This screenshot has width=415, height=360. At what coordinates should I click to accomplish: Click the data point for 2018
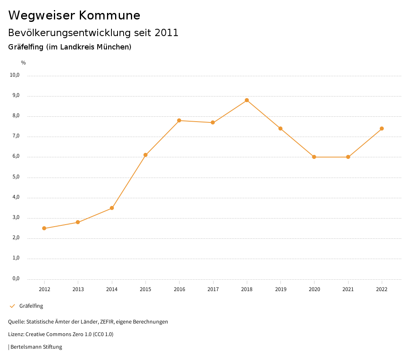(x=246, y=100)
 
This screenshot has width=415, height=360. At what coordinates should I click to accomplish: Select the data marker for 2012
(x=44, y=228)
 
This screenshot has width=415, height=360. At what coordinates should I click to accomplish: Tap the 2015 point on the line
(x=145, y=155)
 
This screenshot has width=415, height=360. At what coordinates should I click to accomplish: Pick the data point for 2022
(x=382, y=129)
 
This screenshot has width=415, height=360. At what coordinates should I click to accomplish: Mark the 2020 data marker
(x=314, y=157)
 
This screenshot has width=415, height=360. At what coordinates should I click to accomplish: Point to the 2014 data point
(x=112, y=208)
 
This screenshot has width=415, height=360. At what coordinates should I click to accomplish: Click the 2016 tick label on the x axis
(x=179, y=289)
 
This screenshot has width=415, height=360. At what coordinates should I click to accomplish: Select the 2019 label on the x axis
(x=280, y=289)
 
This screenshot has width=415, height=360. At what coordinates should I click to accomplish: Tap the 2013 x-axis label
(x=78, y=289)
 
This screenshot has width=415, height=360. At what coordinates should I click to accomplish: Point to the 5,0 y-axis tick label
(x=16, y=177)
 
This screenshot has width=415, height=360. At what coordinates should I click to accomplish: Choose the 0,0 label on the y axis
(x=16, y=279)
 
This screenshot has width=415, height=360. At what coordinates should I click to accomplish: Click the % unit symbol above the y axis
(x=24, y=63)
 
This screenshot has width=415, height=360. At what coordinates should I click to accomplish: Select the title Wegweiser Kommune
(x=74, y=15)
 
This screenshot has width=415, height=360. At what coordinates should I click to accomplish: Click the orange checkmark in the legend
(x=12, y=306)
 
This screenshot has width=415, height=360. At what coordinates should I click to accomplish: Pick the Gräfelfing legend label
(x=31, y=306)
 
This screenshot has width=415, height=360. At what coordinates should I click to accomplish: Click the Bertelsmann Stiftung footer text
(x=36, y=347)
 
